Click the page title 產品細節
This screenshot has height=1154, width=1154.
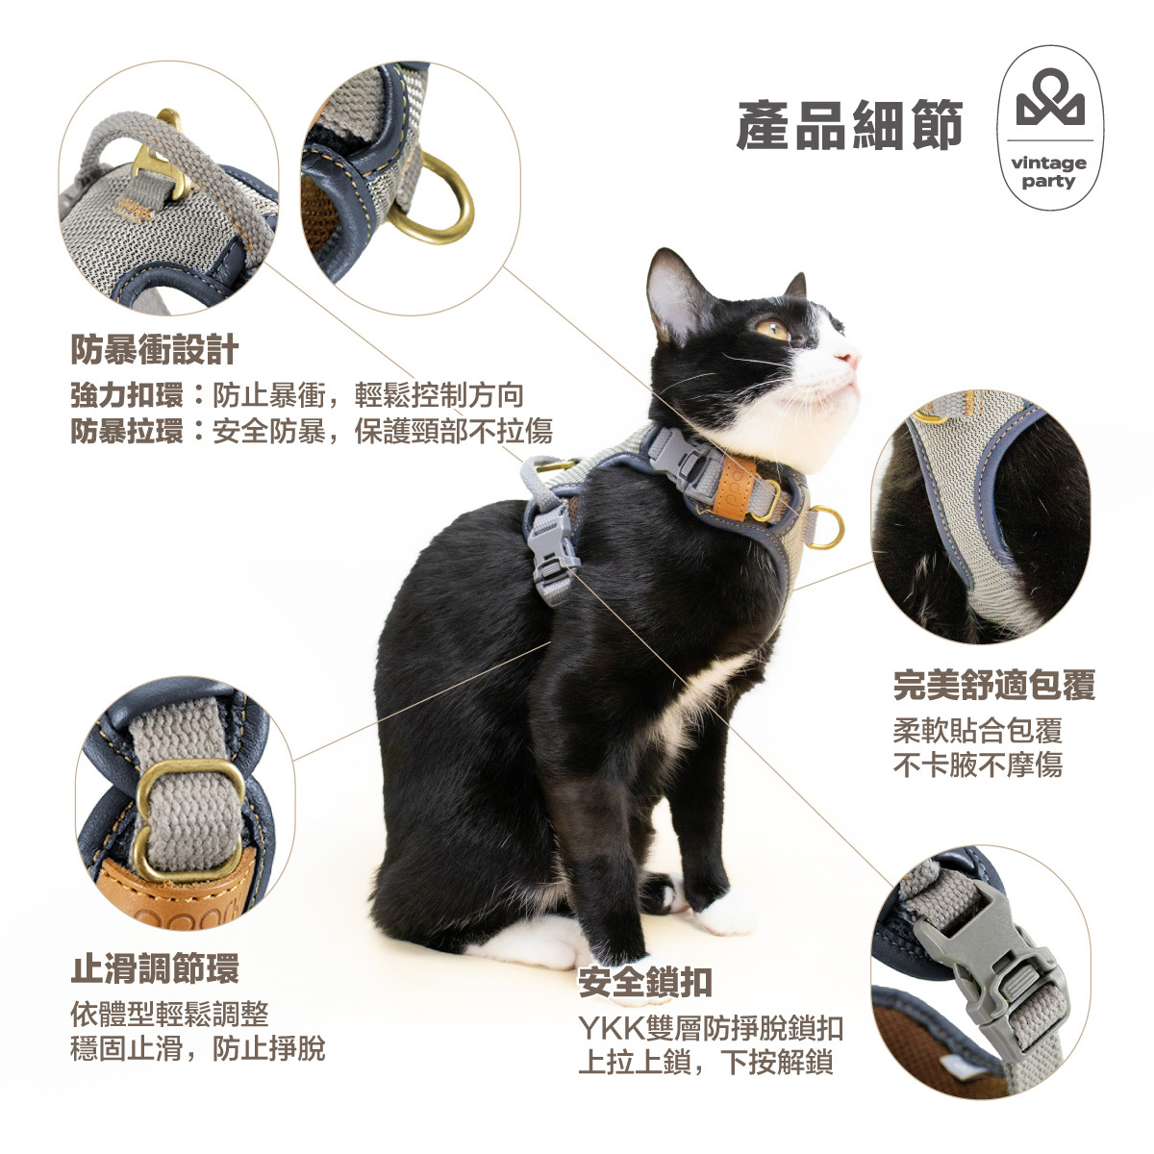[849, 126]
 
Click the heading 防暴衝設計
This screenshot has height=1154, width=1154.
[154, 350]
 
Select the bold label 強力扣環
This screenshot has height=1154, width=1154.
[126, 395]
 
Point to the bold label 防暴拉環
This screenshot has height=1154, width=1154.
[126, 431]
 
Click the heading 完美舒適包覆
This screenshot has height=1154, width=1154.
[993, 686]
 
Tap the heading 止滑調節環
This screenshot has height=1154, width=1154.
[155, 968]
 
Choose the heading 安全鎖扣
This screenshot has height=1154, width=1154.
[645, 982]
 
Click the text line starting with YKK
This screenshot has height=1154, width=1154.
[711, 1027]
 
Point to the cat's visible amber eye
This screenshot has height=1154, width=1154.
[771, 329]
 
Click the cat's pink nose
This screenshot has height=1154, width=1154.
[847, 360]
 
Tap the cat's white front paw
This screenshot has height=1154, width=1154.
[727, 915]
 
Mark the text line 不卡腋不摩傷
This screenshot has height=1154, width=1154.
[977, 766]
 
